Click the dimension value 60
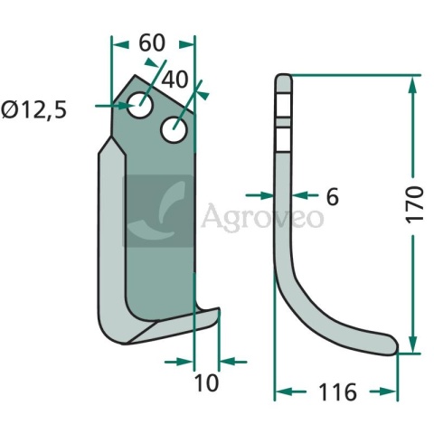pos(152,42)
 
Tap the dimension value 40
pos(175,80)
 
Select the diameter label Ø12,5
pos(33,109)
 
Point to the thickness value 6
pos(333,197)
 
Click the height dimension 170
pos(415,205)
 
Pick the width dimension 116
pos(337,392)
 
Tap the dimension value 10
pos(206,383)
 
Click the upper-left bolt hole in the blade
pos(140,105)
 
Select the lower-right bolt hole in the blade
pos(175,130)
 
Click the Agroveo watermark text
pos(262,217)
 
